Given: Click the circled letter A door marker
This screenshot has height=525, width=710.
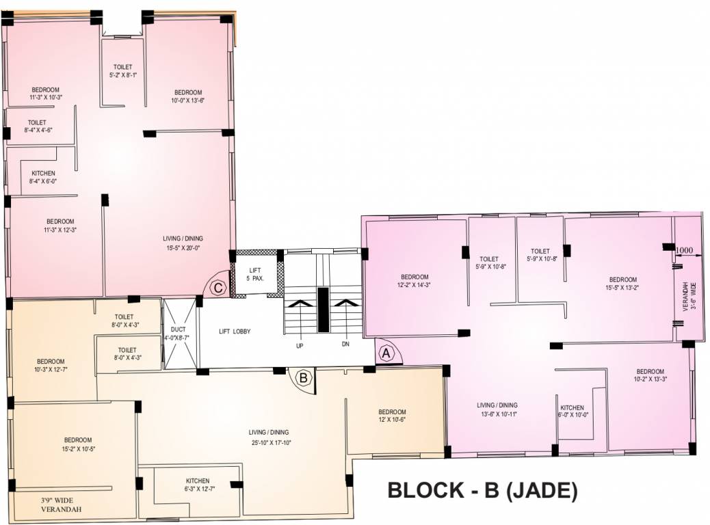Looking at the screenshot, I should (x=386, y=353).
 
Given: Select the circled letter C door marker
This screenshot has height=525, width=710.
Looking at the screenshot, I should (x=218, y=288).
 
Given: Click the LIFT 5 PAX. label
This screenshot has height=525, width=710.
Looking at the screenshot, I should (x=254, y=274).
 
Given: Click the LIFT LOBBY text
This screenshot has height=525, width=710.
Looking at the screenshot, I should (x=235, y=332).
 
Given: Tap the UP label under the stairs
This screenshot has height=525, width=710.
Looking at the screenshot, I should (x=299, y=345).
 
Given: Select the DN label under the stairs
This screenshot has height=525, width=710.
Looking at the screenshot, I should (x=345, y=345).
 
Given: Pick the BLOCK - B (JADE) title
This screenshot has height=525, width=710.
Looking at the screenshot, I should (x=483, y=490).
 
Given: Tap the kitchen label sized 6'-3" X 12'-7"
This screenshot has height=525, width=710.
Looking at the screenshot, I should (x=198, y=484).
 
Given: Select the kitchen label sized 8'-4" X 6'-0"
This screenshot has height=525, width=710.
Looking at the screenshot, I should (x=43, y=177).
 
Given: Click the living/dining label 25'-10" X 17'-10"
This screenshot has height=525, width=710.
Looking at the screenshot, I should (x=269, y=437).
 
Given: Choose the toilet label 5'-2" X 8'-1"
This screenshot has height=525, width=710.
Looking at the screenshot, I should (x=123, y=71).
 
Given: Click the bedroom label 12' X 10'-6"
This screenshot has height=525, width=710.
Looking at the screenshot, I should (x=392, y=416).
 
